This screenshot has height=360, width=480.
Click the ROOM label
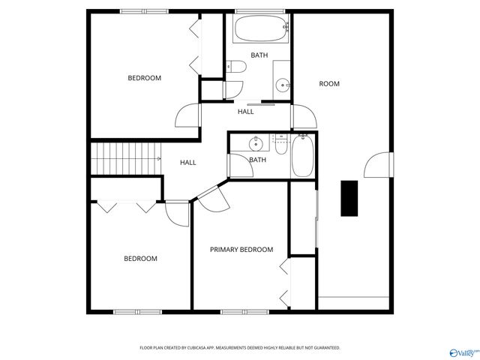(329, 83)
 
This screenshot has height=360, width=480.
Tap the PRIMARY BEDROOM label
(241, 250)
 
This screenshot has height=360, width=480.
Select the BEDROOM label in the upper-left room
(144, 78)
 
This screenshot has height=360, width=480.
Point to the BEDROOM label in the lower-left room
(140, 259)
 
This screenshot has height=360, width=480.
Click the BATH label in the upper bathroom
(259, 55)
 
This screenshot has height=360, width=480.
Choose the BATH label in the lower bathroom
(257, 160)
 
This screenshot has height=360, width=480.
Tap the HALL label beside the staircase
(187, 162)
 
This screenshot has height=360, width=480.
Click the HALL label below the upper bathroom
(245, 112)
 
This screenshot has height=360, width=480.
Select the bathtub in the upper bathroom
(260, 30)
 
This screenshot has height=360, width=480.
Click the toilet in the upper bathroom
(235, 67)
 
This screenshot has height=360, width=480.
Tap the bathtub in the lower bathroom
(301, 155)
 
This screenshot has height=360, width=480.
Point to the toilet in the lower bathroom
(280, 144)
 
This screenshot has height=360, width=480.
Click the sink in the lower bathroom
(256, 142)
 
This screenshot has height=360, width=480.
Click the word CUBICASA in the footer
(199, 348)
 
